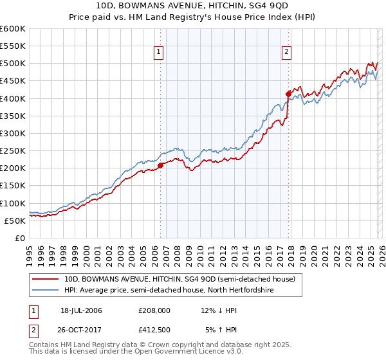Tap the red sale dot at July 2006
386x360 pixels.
coord(160,165)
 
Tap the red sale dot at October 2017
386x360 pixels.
coord(288,94)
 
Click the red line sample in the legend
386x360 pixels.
coord(46,279)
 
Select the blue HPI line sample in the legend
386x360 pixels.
coord(46,290)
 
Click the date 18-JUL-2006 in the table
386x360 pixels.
coord(81,310)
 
